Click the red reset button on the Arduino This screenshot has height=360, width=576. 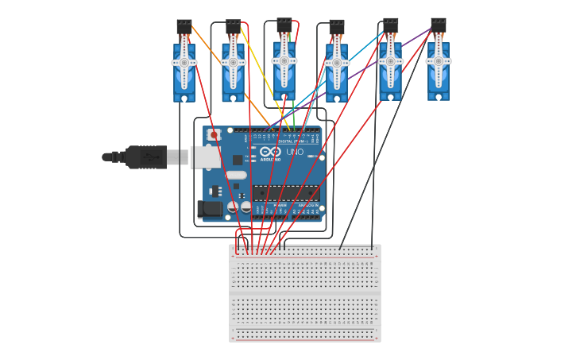coord(214,135)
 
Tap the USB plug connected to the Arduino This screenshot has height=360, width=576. coord(147,157)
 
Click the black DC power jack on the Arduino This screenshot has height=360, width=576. coord(210,209)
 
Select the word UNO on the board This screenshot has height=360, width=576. coord(295,152)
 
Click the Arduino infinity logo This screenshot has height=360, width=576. coord(270,152)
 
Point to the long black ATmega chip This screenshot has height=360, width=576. coord(285,192)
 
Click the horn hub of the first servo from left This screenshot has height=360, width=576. coord(184,63)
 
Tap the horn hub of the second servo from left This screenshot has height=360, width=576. coord(233,62)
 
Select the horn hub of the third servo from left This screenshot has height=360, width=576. coord(284,61)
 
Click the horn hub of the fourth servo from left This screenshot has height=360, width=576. coord(337,63)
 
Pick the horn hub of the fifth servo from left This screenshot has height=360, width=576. coord(390,61)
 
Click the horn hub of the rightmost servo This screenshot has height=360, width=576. coord(438,61)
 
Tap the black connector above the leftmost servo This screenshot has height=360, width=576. coord(184,27)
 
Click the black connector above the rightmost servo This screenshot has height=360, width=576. coord(438,25)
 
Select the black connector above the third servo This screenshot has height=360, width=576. coord(284,25)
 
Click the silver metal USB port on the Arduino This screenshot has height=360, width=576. coord(206,157)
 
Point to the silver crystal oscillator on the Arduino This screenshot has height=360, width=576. coord(236,175)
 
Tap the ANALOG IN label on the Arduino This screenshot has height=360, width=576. coord(307,205)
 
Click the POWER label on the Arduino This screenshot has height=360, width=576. coord(280,205)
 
